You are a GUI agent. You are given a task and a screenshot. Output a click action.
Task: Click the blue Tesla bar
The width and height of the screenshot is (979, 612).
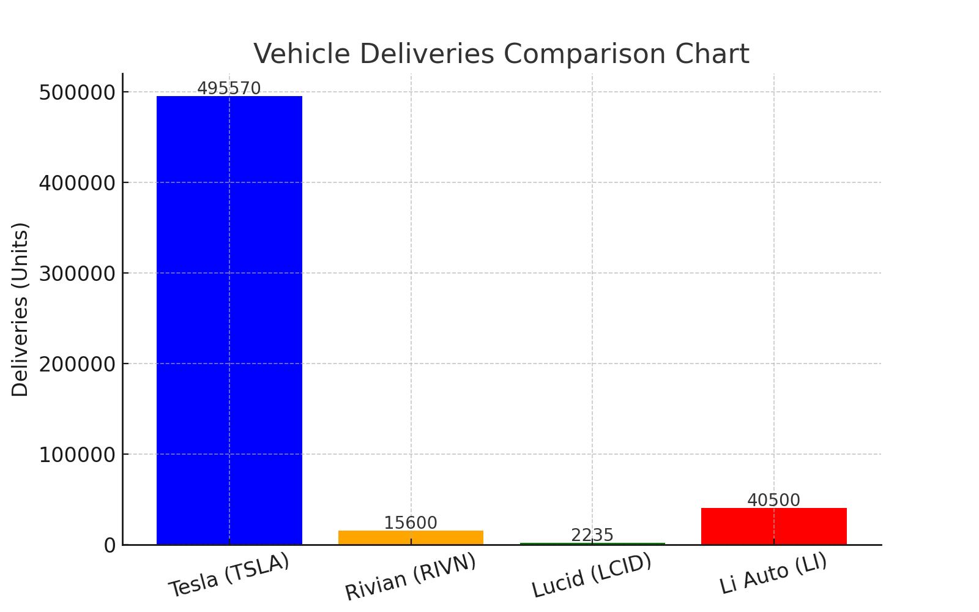[x=229, y=318]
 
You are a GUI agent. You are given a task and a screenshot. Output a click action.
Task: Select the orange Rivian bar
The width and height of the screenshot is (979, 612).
[x=411, y=537]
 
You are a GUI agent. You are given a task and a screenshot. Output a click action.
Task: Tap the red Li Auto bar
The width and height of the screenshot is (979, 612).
[x=773, y=526]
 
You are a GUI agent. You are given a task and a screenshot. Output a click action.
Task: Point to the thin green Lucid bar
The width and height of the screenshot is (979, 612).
[x=592, y=543]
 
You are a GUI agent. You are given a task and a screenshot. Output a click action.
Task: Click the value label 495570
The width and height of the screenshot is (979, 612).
[x=229, y=89]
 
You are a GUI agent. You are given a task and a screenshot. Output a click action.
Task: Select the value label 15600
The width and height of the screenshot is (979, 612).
[x=411, y=523]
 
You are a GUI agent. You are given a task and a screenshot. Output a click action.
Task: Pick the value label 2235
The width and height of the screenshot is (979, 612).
[x=592, y=535]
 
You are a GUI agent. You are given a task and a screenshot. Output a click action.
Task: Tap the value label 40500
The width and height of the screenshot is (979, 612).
[x=773, y=501]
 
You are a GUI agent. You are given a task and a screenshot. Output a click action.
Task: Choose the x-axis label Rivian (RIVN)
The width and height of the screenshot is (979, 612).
[x=411, y=577]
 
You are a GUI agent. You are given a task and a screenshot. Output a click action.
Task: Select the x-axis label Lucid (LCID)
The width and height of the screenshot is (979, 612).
[x=592, y=575]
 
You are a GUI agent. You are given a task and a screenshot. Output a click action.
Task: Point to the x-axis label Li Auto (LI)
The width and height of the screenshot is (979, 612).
[x=773, y=573]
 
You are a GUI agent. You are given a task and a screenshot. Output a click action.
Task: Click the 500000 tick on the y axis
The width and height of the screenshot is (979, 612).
[x=77, y=92]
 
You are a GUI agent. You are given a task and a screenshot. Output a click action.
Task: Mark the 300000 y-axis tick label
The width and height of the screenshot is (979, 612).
[x=77, y=274]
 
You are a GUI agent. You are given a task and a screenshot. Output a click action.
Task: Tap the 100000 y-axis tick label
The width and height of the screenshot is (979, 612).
[x=77, y=455]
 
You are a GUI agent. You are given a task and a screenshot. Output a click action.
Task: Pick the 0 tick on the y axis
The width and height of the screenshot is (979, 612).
[x=110, y=545]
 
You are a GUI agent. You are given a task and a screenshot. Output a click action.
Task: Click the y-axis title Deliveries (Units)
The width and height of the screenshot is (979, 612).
[x=20, y=309]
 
